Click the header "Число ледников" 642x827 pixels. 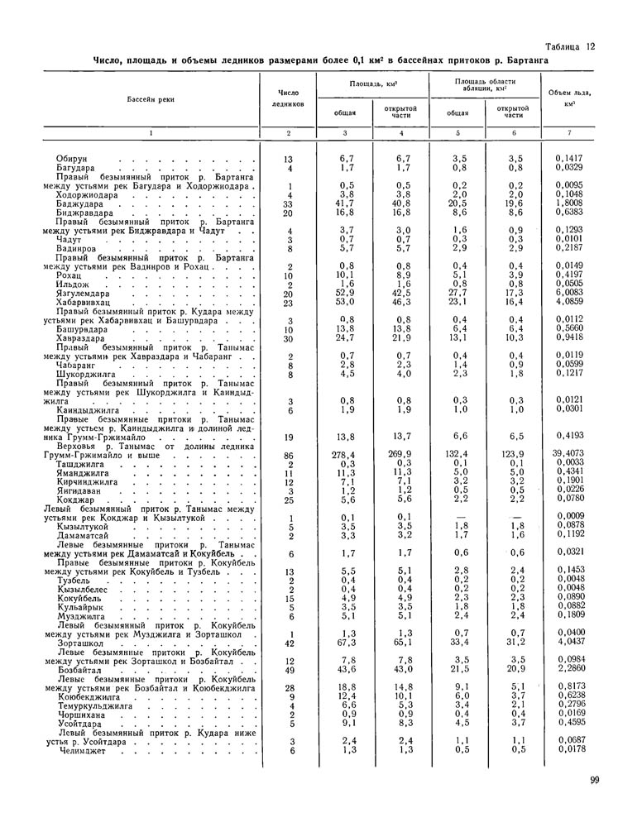(288, 98)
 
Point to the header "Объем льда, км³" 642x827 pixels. (568, 98)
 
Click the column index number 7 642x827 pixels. (569, 133)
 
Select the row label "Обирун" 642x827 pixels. (72, 158)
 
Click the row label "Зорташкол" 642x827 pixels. (84, 642)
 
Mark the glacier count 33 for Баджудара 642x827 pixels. (289, 203)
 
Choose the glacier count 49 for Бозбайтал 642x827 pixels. (289, 669)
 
